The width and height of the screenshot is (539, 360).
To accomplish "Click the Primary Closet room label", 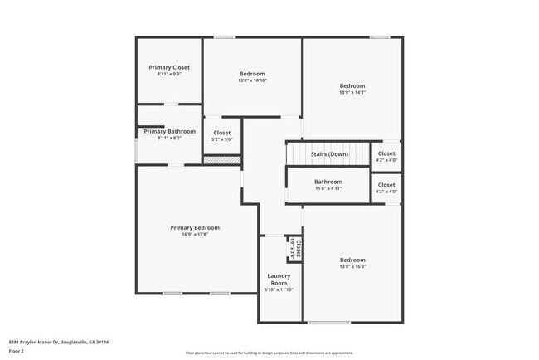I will pyautogui.click(x=169, y=67).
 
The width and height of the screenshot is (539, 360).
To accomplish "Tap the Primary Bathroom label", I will pyautogui.click(x=169, y=131).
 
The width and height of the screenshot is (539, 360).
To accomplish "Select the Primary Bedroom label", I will pyautogui.click(x=195, y=227).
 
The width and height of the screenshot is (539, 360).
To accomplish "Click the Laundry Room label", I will pyautogui.click(x=278, y=279).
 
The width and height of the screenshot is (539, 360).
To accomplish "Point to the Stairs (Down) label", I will pyautogui.click(x=329, y=154).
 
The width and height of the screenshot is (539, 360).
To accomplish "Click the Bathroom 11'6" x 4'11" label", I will pyautogui.click(x=328, y=182).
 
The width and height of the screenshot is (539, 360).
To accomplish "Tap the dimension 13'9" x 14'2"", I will pyautogui.click(x=352, y=93).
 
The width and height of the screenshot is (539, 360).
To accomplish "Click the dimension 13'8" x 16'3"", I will pyautogui.click(x=352, y=267).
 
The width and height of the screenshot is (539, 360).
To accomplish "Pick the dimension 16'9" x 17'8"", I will pyautogui.click(x=195, y=235).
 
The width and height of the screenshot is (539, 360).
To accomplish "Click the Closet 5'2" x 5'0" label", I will pyautogui.click(x=222, y=133).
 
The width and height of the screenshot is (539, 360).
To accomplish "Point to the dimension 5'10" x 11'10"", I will pyautogui.click(x=278, y=289).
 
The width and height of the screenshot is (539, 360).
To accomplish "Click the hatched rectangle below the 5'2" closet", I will pyautogui.click(x=222, y=159).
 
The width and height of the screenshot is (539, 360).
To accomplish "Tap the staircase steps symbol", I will pyautogui.click(x=328, y=153).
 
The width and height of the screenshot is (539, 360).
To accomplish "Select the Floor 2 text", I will pyautogui.click(x=16, y=351).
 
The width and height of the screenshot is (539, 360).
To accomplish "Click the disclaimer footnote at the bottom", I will pyautogui.click(x=269, y=353).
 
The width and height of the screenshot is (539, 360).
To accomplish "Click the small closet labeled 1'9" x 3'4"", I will pyautogui.click(x=295, y=248).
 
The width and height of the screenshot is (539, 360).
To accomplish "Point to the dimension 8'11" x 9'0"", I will pyautogui.click(x=169, y=75).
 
